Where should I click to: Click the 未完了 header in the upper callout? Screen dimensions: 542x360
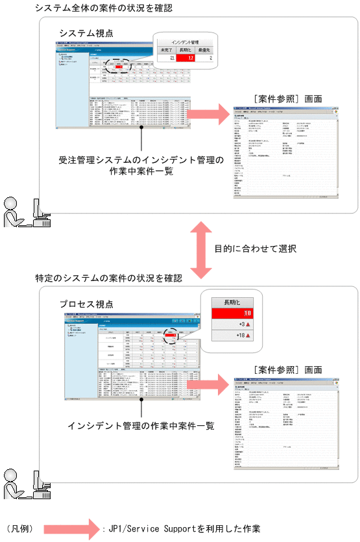click(166, 49)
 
